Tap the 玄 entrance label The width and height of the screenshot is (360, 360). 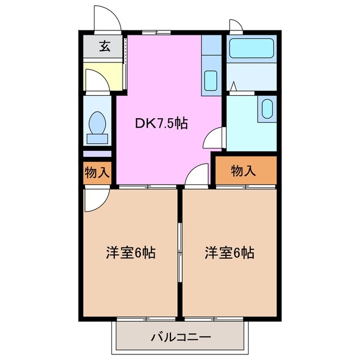point(105,47)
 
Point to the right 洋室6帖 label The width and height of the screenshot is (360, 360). point(229,253)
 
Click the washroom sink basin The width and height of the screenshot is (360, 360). point(267,107)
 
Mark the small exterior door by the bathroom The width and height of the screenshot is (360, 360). point(236,25)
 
